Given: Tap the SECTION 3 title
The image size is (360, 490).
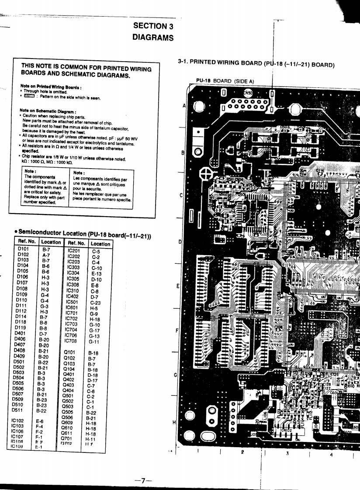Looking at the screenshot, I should tap(153, 26).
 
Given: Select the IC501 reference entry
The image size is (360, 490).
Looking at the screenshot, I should tap(73, 302).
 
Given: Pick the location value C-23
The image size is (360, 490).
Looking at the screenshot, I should tap(96, 302).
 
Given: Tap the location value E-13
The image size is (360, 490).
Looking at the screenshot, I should tap(96, 273).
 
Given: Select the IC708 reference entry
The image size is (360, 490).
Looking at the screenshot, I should tap(73, 341).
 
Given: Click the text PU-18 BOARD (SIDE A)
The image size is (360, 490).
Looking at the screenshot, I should tap(222, 81).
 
